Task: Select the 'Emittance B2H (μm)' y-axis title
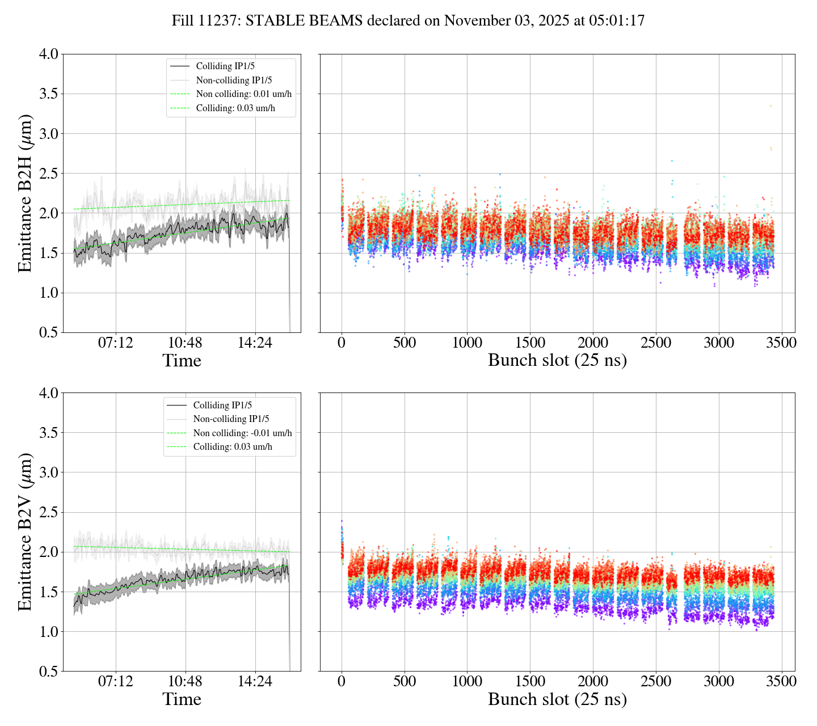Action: [25, 193]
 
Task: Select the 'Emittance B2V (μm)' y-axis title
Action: [25, 531]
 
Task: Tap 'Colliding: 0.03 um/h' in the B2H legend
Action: [235, 108]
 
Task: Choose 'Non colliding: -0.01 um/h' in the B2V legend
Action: [242, 433]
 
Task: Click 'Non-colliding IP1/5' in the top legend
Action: [238, 81]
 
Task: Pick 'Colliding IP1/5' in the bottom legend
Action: [222, 405]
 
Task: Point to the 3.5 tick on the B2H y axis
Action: [48, 94]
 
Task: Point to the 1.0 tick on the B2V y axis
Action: [48, 632]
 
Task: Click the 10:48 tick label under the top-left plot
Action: [185, 343]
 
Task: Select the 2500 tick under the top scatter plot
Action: [655, 343]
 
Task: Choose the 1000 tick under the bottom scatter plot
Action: [467, 681]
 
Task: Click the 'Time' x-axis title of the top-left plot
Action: [182, 361]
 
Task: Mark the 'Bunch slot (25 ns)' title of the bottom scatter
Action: [557, 699]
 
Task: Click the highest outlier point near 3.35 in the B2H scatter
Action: [770, 105]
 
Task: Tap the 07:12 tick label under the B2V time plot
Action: [116, 681]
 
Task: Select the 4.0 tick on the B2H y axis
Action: [48, 54]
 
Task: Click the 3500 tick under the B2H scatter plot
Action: [781, 343]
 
